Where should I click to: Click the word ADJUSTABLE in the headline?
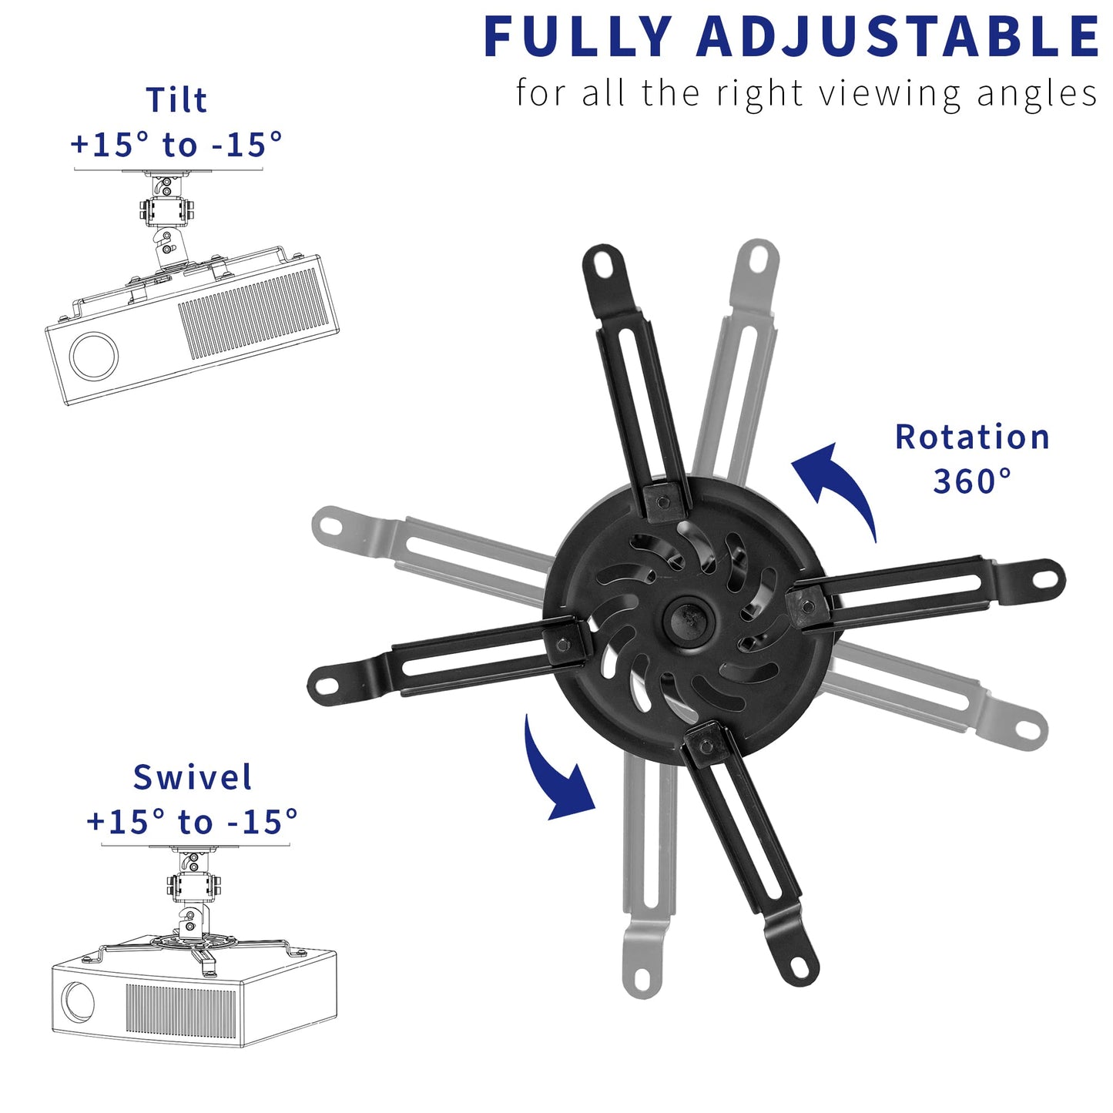898,36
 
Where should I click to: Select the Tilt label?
176,100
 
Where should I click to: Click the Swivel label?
192,777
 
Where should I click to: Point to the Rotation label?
972,437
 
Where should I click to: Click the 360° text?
972,481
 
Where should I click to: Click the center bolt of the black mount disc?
687,618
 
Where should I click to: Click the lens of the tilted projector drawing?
94,356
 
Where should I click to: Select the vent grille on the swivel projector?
181,1009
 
